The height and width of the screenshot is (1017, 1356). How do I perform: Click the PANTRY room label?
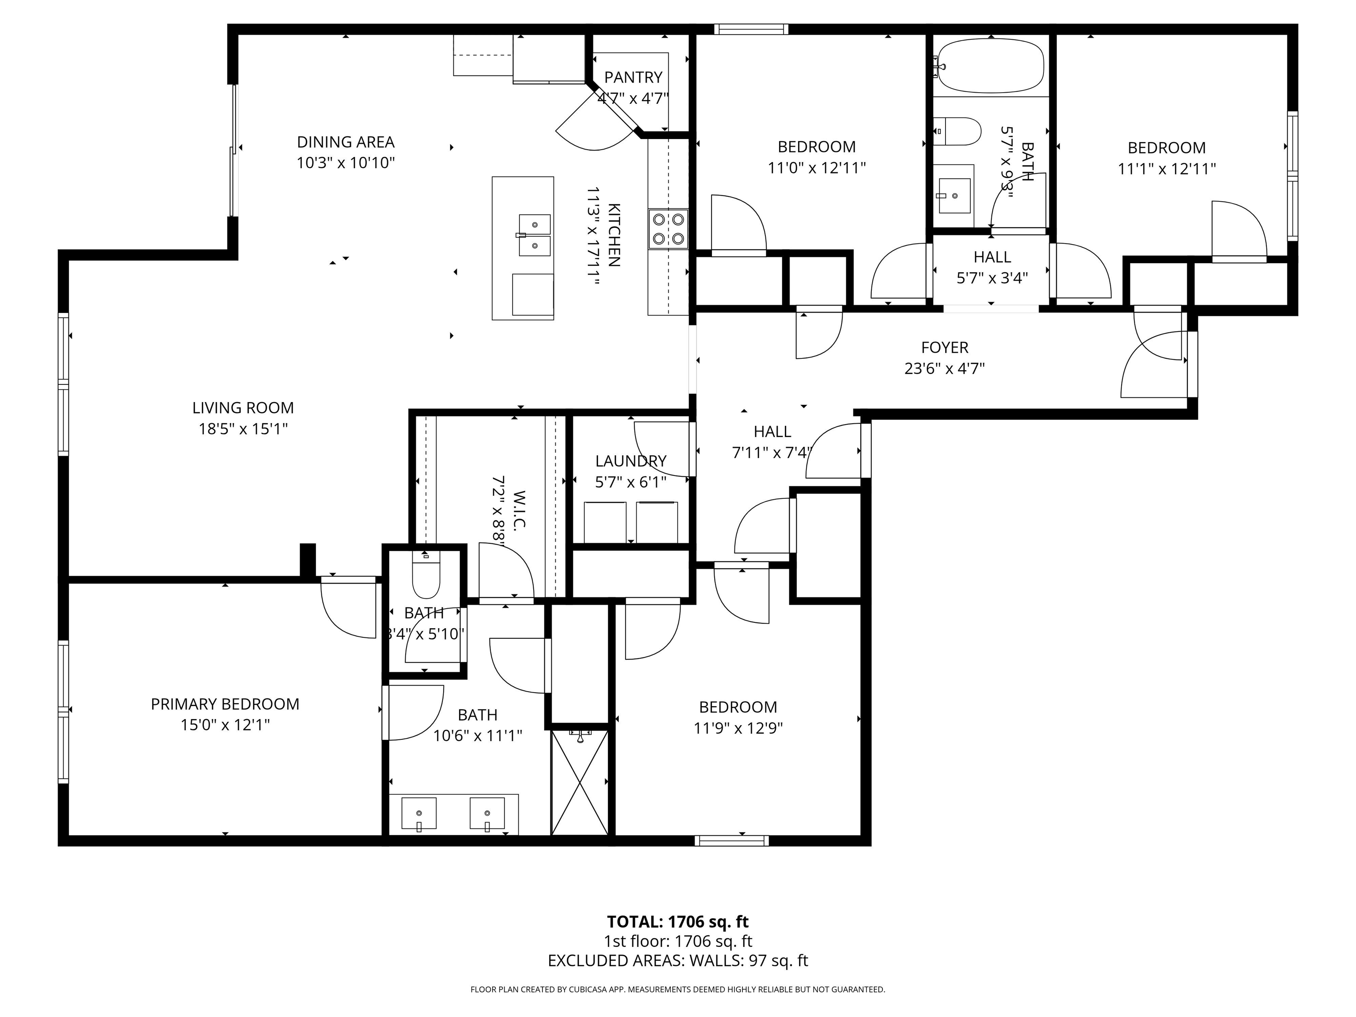633,77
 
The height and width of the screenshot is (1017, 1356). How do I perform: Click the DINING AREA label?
346,142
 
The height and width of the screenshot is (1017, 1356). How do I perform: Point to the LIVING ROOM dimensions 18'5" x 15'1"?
243,429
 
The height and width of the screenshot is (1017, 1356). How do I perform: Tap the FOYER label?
945,347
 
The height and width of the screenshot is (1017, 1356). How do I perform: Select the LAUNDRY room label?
631,461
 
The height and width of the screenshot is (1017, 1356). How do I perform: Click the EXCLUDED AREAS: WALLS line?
678,960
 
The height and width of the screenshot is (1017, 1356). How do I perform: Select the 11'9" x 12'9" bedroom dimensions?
738,727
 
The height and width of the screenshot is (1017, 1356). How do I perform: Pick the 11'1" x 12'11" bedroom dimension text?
1167,169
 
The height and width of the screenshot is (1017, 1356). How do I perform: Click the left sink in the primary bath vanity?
419,813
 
